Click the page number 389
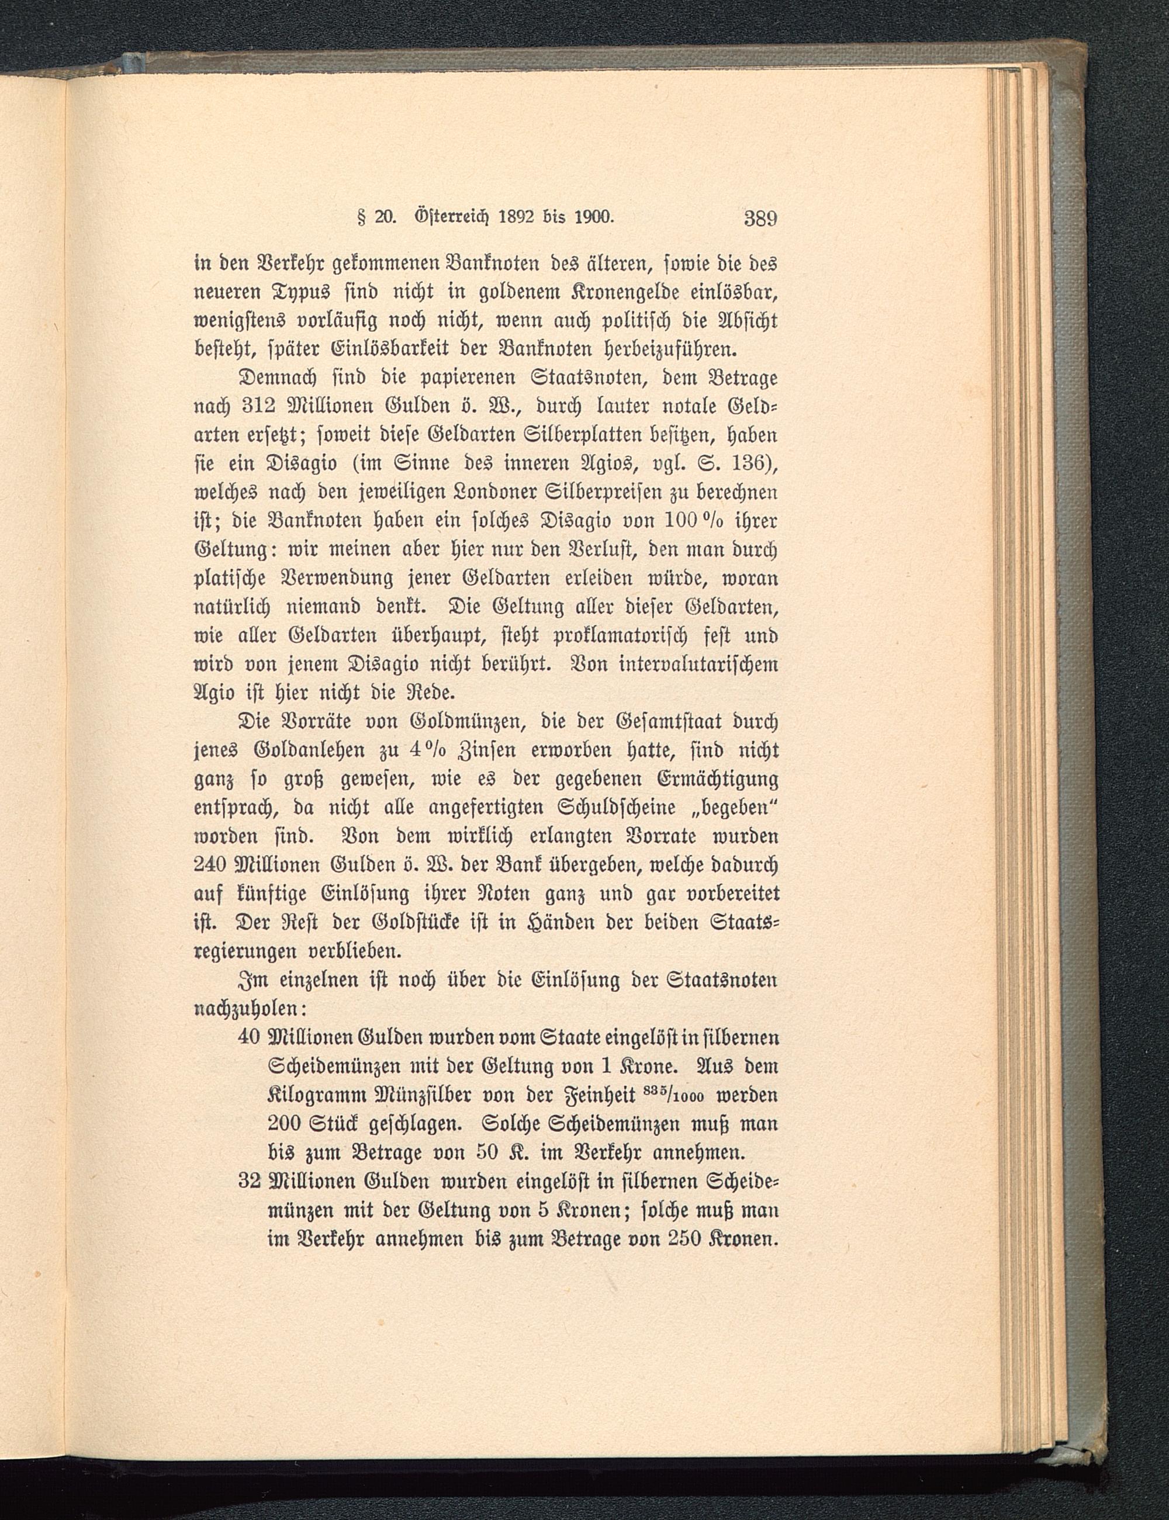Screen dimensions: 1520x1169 coord(760,218)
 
